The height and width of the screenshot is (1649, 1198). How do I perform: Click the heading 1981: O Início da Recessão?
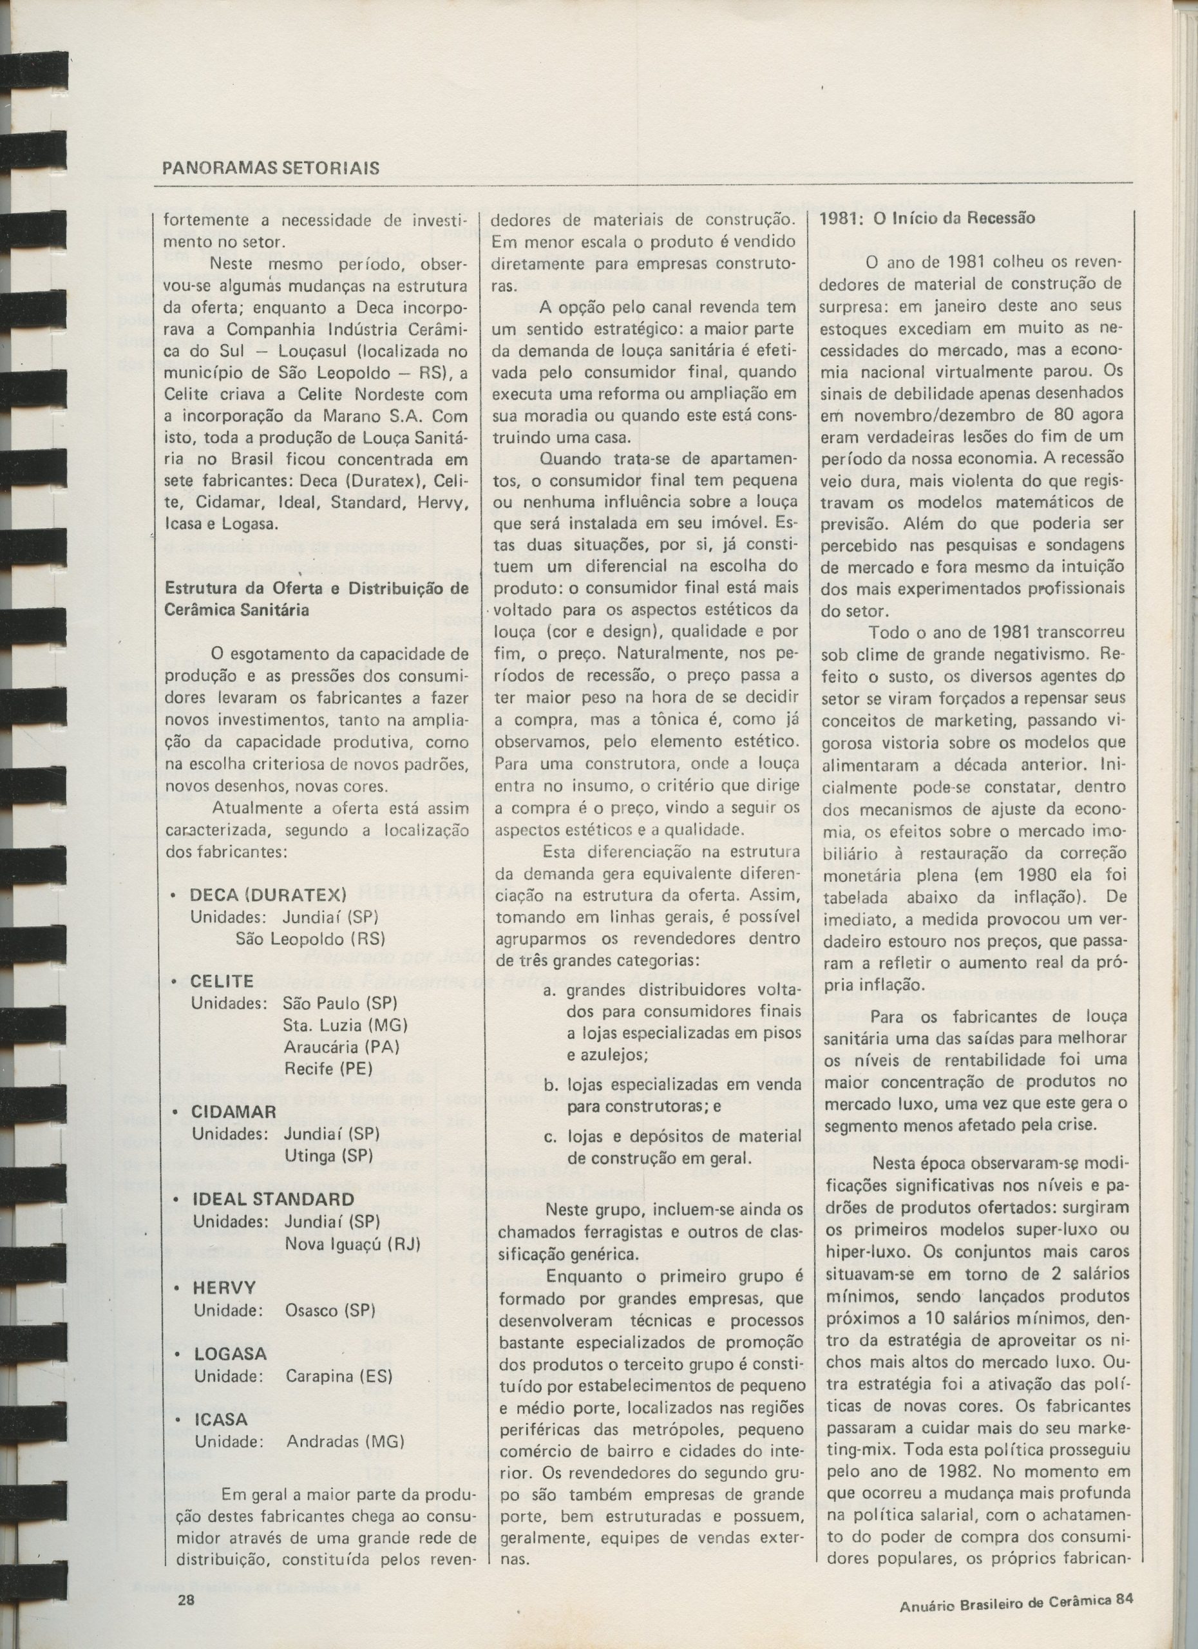927,218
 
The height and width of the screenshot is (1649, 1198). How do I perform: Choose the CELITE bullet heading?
222,981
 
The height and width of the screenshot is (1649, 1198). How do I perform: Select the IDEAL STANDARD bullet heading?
272,1199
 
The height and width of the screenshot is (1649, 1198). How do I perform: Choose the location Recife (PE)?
328,1069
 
